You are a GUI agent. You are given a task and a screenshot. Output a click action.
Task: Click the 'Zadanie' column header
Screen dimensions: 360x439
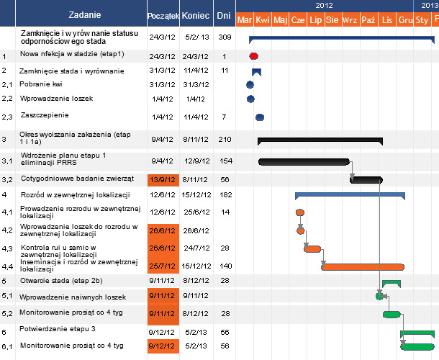click(x=85, y=14)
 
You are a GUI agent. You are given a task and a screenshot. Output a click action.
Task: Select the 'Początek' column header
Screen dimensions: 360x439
click(x=161, y=15)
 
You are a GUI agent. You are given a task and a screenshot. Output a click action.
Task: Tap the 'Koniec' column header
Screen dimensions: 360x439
click(x=196, y=15)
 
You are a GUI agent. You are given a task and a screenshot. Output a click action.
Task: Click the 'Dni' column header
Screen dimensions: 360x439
click(x=224, y=15)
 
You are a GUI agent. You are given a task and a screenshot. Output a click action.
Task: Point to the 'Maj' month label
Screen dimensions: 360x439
click(x=281, y=19)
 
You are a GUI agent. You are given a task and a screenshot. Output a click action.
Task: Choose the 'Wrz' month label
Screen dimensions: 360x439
click(x=350, y=19)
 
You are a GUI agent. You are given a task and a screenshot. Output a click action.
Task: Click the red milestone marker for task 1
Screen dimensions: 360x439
click(x=253, y=55)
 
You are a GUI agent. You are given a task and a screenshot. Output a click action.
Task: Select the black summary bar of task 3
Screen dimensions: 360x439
click(x=320, y=138)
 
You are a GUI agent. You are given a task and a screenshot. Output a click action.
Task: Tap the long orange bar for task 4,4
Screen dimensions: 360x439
click(x=363, y=266)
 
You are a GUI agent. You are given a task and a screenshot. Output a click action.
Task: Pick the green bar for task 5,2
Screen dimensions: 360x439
click(x=392, y=314)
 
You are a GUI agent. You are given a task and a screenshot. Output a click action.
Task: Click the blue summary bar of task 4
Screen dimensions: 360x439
click(x=350, y=194)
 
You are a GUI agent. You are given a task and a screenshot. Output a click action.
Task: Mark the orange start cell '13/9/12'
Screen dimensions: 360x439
click(x=161, y=179)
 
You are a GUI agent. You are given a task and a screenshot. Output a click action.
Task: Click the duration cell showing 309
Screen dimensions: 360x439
click(x=224, y=37)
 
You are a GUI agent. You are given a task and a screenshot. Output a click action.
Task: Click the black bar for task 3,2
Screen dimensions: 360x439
click(x=366, y=179)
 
